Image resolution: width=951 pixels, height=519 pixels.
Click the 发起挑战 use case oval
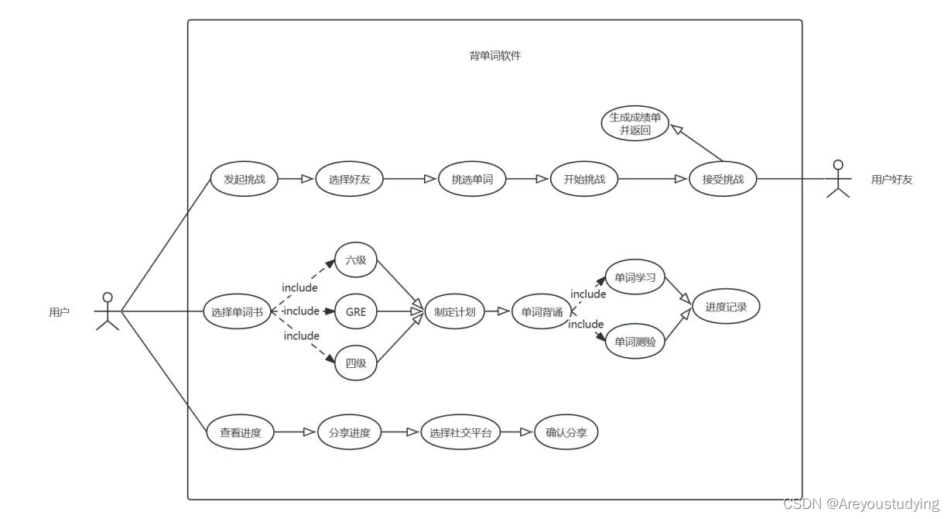(244, 180)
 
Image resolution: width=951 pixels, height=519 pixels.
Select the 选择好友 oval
(349, 180)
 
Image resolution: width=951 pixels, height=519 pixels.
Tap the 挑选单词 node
(472, 180)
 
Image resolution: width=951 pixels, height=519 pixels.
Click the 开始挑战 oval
(584, 180)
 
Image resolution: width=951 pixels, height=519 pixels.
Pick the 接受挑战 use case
(723, 180)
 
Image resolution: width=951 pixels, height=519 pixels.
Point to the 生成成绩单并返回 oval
(635, 124)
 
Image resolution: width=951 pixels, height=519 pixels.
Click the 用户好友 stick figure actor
(836, 179)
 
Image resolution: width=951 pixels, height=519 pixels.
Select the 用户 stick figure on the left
(108, 311)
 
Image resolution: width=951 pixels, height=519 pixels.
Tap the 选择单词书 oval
(237, 312)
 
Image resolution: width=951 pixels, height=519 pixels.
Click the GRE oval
(356, 312)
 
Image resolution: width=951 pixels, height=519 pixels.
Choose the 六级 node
(356, 260)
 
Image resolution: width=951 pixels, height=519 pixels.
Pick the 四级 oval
(356, 363)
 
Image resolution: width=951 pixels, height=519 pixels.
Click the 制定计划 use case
(455, 312)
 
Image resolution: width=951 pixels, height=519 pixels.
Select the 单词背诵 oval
(542, 312)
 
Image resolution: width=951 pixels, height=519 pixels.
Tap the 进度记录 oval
(726, 307)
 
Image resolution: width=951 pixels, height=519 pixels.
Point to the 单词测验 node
(635, 342)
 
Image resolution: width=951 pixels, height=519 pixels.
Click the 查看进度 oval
(241, 433)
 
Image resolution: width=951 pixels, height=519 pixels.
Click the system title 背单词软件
(495, 56)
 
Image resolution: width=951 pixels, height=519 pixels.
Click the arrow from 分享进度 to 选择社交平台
(401, 433)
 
